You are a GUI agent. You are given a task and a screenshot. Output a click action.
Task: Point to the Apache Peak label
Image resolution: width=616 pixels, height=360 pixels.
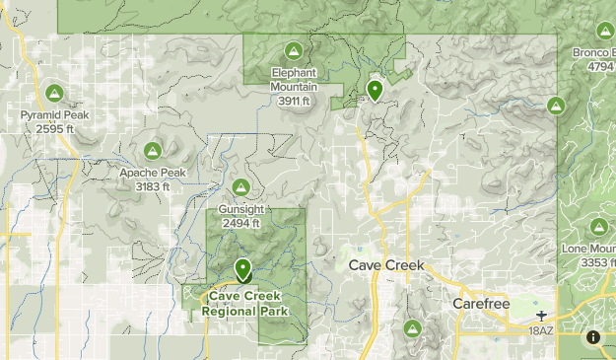tap(152, 173)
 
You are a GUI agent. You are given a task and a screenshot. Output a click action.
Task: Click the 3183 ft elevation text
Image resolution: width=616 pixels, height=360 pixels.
tap(152, 185)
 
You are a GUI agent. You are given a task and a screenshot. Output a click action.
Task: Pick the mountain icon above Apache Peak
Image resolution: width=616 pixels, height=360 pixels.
tap(152, 151)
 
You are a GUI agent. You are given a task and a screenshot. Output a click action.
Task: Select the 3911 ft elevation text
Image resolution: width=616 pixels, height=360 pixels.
tap(294, 101)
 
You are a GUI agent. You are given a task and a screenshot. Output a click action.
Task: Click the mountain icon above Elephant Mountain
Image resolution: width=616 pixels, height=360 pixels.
tap(293, 50)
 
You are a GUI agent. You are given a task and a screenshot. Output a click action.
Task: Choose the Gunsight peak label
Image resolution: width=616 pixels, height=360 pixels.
tap(240, 210)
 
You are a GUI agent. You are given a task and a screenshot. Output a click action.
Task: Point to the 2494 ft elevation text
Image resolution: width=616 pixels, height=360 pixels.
tap(240, 223)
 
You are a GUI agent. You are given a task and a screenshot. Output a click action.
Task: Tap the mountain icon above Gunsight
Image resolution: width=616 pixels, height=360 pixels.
tap(240, 187)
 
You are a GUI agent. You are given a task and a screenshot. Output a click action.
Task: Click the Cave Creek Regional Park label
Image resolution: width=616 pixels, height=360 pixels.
tap(243, 304)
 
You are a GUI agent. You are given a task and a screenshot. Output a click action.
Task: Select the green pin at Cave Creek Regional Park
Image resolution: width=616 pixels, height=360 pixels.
tap(243, 269)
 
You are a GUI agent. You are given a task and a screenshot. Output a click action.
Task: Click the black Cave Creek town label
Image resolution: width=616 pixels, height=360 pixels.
tap(385, 265)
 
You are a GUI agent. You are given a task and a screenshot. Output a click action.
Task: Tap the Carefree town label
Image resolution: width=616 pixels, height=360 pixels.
tap(479, 304)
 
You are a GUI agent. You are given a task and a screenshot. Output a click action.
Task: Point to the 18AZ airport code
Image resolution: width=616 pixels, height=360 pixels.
tap(541, 330)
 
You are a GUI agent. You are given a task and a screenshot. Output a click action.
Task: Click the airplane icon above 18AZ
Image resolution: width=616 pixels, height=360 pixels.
tap(541, 317)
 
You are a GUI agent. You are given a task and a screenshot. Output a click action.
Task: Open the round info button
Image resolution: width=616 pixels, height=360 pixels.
tap(593, 337)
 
